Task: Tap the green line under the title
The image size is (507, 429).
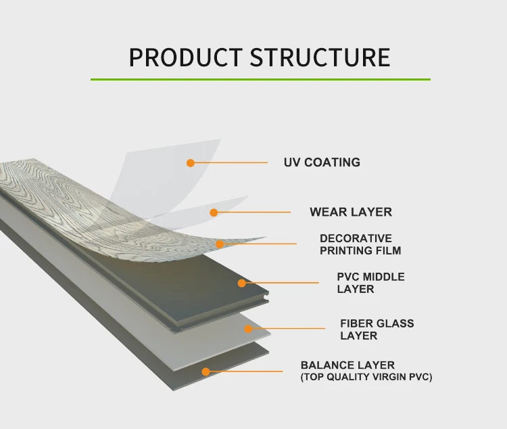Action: click(260, 80)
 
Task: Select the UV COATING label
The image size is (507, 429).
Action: click(322, 162)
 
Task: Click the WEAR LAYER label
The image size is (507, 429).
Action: click(350, 212)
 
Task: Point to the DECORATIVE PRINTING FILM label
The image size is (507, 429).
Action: click(360, 244)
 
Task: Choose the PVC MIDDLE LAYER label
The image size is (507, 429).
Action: click(370, 283)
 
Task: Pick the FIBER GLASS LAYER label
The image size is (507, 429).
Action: click(377, 330)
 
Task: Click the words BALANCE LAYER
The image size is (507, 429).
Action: click(347, 365)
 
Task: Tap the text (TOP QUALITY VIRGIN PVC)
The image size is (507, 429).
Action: click(366, 377)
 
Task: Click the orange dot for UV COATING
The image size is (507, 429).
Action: click(191, 163)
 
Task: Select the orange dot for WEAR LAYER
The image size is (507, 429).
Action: click(214, 212)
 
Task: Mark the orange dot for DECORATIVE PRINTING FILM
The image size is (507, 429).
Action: click(220, 244)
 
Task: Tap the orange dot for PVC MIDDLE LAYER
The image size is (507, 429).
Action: click(241, 283)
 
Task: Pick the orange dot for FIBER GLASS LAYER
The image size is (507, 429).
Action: click(248, 330)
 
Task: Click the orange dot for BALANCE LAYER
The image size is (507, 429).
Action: click(206, 371)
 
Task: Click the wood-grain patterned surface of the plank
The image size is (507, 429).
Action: click(54, 186)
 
